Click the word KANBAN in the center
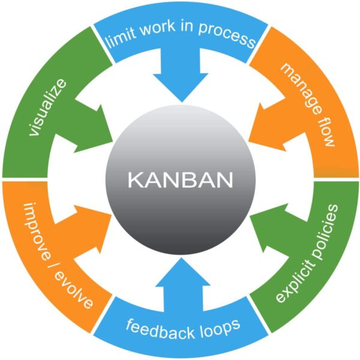point(179,179)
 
